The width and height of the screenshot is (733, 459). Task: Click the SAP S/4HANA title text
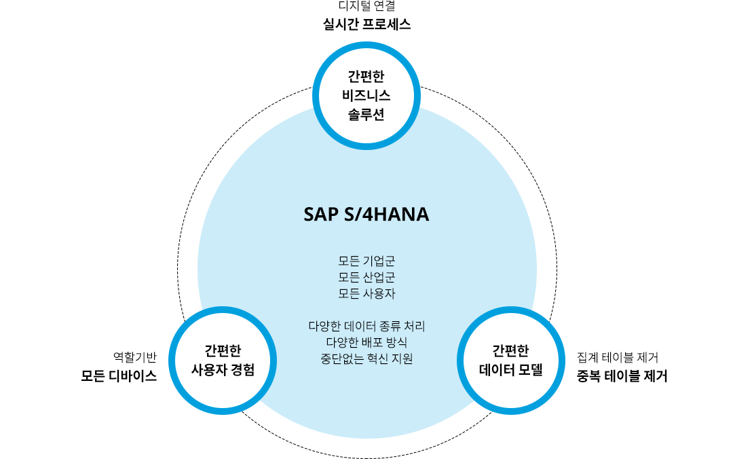pyautogui.click(x=366, y=215)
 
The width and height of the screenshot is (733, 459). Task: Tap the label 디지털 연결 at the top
pyautogui.click(x=367, y=5)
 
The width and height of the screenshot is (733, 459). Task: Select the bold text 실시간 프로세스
pyautogui.click(x=367, y=24)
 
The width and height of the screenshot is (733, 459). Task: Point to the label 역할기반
pyautogui.click(x=134, y=357)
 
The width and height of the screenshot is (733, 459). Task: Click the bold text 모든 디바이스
pyautogui.click(x=119, y=375)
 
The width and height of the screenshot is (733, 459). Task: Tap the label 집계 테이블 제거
pyautogui.click(x=618, y=357)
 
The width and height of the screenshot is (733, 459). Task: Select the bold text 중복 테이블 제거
pyautogui.click(x=622, y=375)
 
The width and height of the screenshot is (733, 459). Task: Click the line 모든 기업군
pyautogui.click(x=367, y=261)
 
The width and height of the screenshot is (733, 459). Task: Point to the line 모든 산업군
pyautogui.click(x=367, y=277)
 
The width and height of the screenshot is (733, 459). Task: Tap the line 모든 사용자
pyautogui.click(x=367, y=293)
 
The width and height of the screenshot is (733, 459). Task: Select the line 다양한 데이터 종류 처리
pyautogui.click(x=367, y=326)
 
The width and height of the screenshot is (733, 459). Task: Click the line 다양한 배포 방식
pyautogui.click(x=367, y=342)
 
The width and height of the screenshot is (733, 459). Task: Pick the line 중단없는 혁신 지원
pyautogui.click(x=367, y=359)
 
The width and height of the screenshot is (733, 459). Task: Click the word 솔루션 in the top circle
pyautogui.click(x=366, y=114)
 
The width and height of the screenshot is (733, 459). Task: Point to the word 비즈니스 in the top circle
pyautogui.click(x=366, y=96)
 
